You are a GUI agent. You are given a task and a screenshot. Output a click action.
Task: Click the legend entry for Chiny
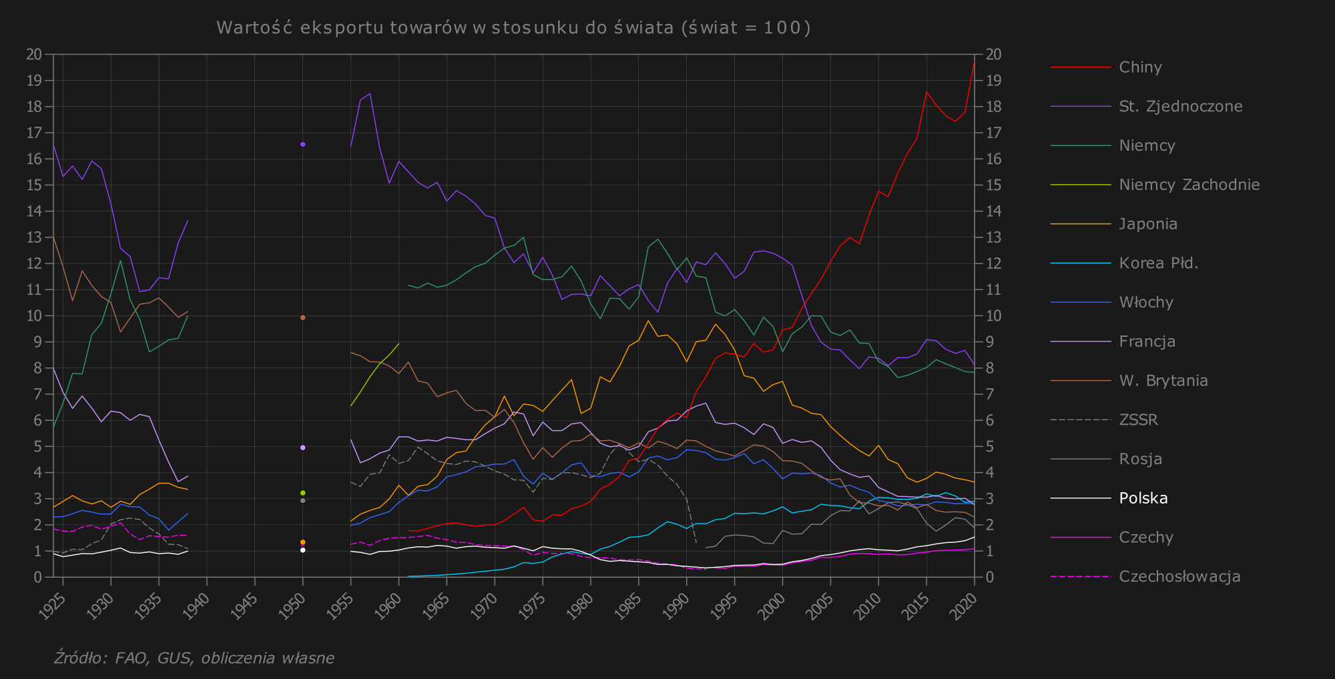[x=1140, y=67]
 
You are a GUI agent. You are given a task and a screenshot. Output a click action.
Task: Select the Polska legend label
[x=1143, y=498]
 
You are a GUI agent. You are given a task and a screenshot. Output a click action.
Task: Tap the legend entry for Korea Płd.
[x=1158, y=263]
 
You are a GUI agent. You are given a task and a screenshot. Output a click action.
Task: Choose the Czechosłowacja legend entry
[x=1179, y=577]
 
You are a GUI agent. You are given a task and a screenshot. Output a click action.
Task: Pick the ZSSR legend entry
[x=1138, y=420]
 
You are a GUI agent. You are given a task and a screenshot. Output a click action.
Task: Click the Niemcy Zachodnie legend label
[x=1189, y=185]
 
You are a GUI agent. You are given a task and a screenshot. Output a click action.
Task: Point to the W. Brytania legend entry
[x=1163, y=381]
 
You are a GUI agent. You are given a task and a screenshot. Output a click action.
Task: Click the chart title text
[x=513, y=28]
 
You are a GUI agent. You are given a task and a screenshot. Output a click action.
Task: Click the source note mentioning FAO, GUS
[x=194, y=658]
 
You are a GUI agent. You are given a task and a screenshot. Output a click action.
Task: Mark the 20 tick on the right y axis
[x=993, y=55]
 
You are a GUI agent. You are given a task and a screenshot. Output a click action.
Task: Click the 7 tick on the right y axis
[x=990, y=394]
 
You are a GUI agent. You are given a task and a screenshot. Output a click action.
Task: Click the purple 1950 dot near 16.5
[x=303, y=144]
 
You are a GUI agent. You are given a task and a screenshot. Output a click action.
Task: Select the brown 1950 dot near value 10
[x=303, y=317]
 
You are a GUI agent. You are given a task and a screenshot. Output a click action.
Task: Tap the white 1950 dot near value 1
[x=303, y=550]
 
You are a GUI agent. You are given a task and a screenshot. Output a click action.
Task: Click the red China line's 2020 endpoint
[x=974, y=63]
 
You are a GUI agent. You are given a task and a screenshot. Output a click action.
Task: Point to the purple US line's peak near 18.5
[x=370, y=93]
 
